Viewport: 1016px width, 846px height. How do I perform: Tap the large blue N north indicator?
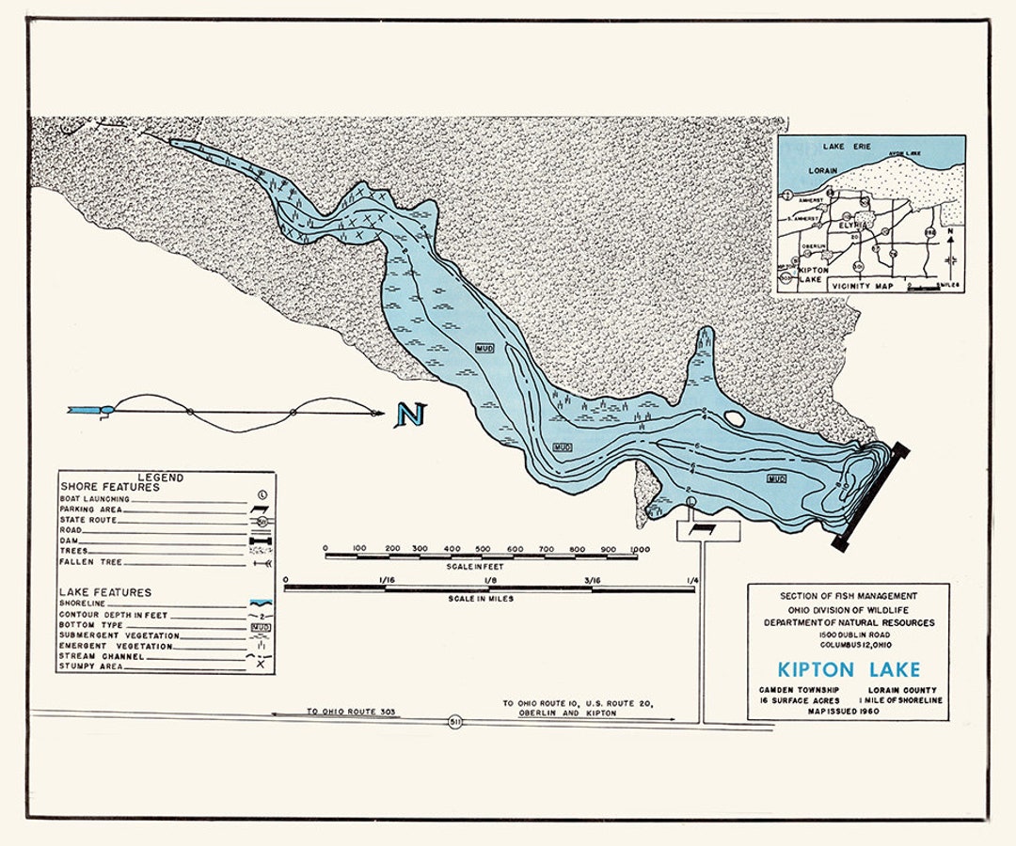pyautogui.click(x=410, y=415)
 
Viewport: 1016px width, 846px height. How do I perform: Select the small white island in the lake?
pyautogui.click(x=733, y=418)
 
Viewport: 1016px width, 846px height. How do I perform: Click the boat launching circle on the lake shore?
pyautogui.click(x=691, y=505)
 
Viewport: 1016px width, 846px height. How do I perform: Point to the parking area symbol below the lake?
pyautogui.click(x=708, y=530)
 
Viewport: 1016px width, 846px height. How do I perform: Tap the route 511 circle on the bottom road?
pyautogui.click(x=454, y=722)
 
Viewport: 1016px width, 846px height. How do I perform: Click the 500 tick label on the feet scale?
pyautogui.click(x=483, y=549)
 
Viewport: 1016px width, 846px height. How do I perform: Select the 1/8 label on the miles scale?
pyautogui.click(x=489, y=581)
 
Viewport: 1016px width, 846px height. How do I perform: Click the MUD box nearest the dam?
pyautogui.click(x=776, y=478)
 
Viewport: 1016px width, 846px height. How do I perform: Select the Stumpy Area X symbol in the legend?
pyautogui.click(x=261, y=666)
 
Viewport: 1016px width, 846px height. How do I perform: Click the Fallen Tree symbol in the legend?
pyautogui.click(x=261, y=562)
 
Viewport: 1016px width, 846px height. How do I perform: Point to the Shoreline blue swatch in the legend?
pyautogui.click(x=261, y=604)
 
